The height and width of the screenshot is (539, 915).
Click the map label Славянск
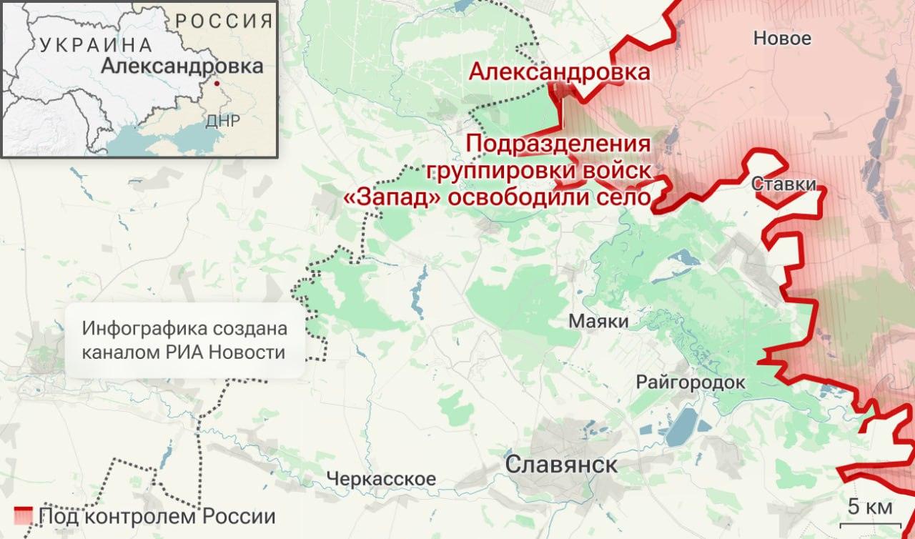(561, 465)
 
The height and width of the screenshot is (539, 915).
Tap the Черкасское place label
(381, 478)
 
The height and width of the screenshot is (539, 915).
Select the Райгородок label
(691, 382)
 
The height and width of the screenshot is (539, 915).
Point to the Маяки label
(599, 322)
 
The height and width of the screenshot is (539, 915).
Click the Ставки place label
(784, 184)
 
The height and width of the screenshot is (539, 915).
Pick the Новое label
(782, 39)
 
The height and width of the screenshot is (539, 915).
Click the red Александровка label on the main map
(559, 72)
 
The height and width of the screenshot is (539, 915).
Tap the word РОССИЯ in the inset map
(224, 20)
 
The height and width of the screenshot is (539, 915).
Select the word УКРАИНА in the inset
(97, 45)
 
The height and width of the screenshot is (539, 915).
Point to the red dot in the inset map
(217, 83)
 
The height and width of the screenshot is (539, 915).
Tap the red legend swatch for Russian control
(24, 515)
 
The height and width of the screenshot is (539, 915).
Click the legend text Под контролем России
(157, 516)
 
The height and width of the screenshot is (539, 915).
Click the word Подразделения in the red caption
(558, 143)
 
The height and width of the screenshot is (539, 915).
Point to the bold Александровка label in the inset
(182, 66)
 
